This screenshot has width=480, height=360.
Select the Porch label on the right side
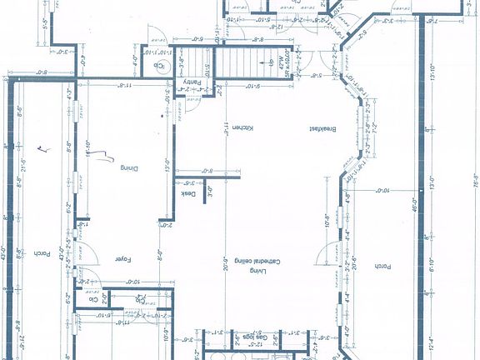coord(382,266)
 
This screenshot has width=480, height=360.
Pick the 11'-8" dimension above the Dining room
coord(122,84)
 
